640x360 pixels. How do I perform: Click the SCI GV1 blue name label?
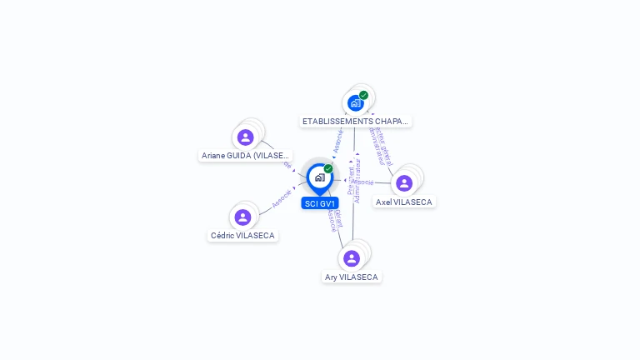[x=320, y=203]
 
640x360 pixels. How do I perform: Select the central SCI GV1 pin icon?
[x=319, y=177]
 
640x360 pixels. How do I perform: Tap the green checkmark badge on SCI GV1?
[x=328, y=169]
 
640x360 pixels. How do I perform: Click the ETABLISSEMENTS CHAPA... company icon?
[x=356, y=103]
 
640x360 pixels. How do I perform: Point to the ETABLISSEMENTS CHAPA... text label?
[x=356, y=121]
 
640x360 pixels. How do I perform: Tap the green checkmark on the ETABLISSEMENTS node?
[x=364, y=95]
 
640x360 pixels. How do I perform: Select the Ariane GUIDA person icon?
[x=245, y=137]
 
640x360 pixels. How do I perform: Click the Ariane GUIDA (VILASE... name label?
[x=246, y=156]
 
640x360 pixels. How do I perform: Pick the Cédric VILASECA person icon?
[x=242, y=217]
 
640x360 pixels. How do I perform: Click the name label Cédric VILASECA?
[x=242, y=236]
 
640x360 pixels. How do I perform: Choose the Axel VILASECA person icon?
[x=404, y=183]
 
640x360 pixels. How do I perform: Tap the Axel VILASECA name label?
[x=404, y=202]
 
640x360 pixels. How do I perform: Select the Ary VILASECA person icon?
[x=352, y=258]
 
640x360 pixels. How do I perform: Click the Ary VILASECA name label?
[x=352, y=277]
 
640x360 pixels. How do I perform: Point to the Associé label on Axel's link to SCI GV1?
[x=362, y=182]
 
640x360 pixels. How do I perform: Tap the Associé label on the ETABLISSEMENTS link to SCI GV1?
[x=338, y=141]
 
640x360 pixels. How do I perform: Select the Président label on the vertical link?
[x=351, y=182]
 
